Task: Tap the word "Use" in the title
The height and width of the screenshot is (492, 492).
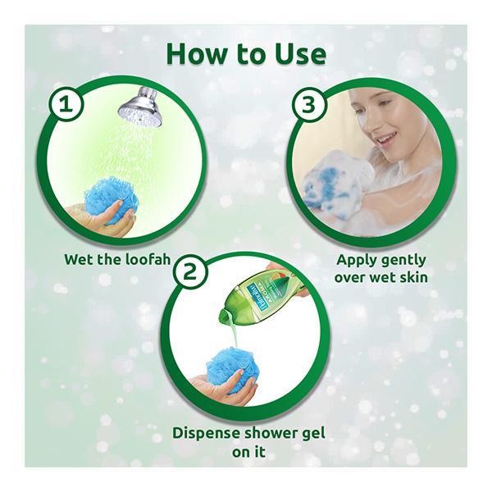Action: pos(300,54)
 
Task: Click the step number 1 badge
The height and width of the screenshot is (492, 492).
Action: pos(66,104)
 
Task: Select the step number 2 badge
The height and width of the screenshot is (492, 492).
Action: pos(189,271)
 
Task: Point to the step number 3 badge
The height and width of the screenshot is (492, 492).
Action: pos(308,104)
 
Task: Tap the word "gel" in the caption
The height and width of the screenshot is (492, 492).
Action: pos(314,435)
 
